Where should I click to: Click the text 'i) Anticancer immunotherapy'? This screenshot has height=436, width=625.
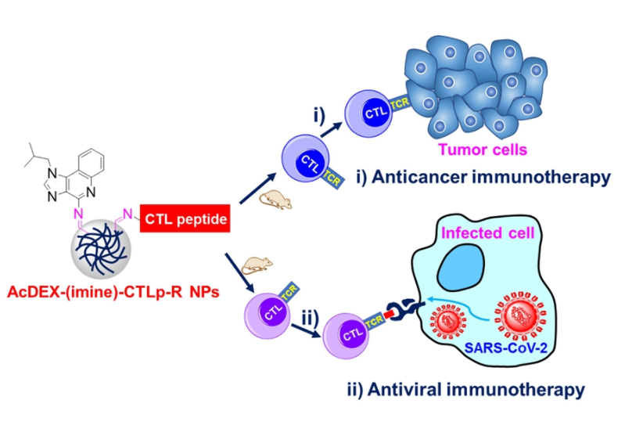[x=487, y=177]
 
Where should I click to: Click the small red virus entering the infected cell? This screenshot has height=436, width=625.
[x=453, y=322]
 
